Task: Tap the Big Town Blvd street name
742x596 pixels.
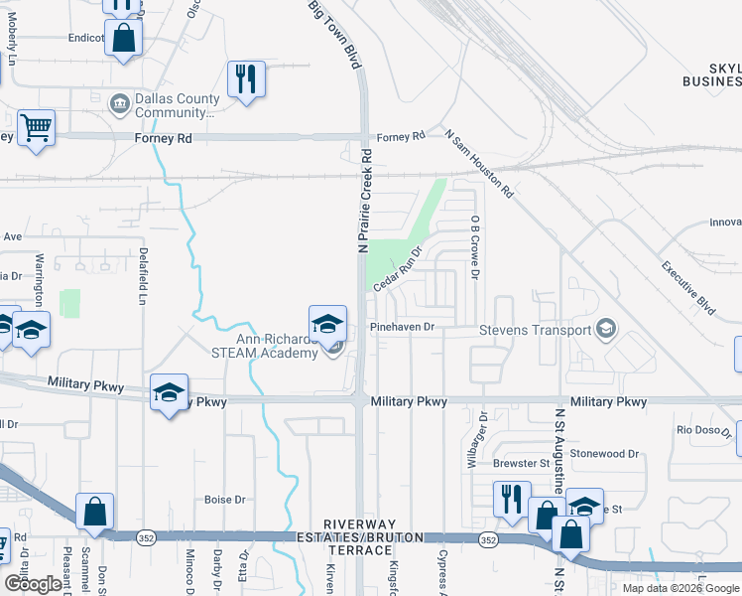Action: click(x=333, y=34)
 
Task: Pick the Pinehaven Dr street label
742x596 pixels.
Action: click(x=402, y=326)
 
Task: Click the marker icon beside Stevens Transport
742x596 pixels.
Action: click(x=606, y=329)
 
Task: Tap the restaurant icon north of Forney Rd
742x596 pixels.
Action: click(x=246, y=78)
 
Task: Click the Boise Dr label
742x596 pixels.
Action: click(x=224, y=500)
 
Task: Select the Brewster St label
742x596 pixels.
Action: click(x=522, y=463)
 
